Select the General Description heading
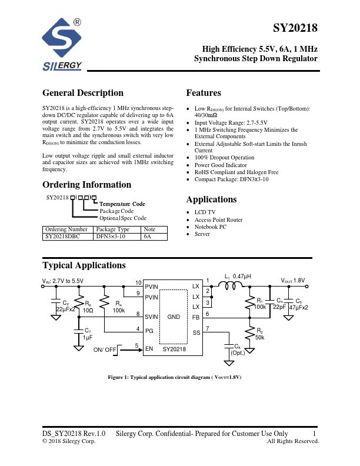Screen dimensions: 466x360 [x=83, y=93]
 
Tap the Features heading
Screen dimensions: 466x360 [x=204, y=93]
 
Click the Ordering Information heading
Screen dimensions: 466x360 [x=86, y=184]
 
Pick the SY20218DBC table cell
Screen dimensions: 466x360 [x=66, y=237]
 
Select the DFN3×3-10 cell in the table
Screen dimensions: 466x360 [x=113, y=237]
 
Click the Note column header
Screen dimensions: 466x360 [x=149, y=229]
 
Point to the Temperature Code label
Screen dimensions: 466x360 [x=122, y=204]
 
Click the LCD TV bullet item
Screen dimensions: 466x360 [x=205, y=212]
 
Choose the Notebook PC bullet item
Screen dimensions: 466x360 [x=210, y=227]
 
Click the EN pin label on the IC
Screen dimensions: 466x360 [x=149, y=349]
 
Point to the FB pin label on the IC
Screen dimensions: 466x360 [x=196, y=317]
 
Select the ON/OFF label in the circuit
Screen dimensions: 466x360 [x=105, y=349]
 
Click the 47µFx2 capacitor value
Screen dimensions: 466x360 [x=298, y=307]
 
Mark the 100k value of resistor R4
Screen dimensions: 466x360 [x=118, y=309]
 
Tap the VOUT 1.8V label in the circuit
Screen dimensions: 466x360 [x=292, y=281]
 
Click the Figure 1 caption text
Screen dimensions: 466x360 [x=174, y=377]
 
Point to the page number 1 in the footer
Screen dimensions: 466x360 [x=315, y=434]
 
